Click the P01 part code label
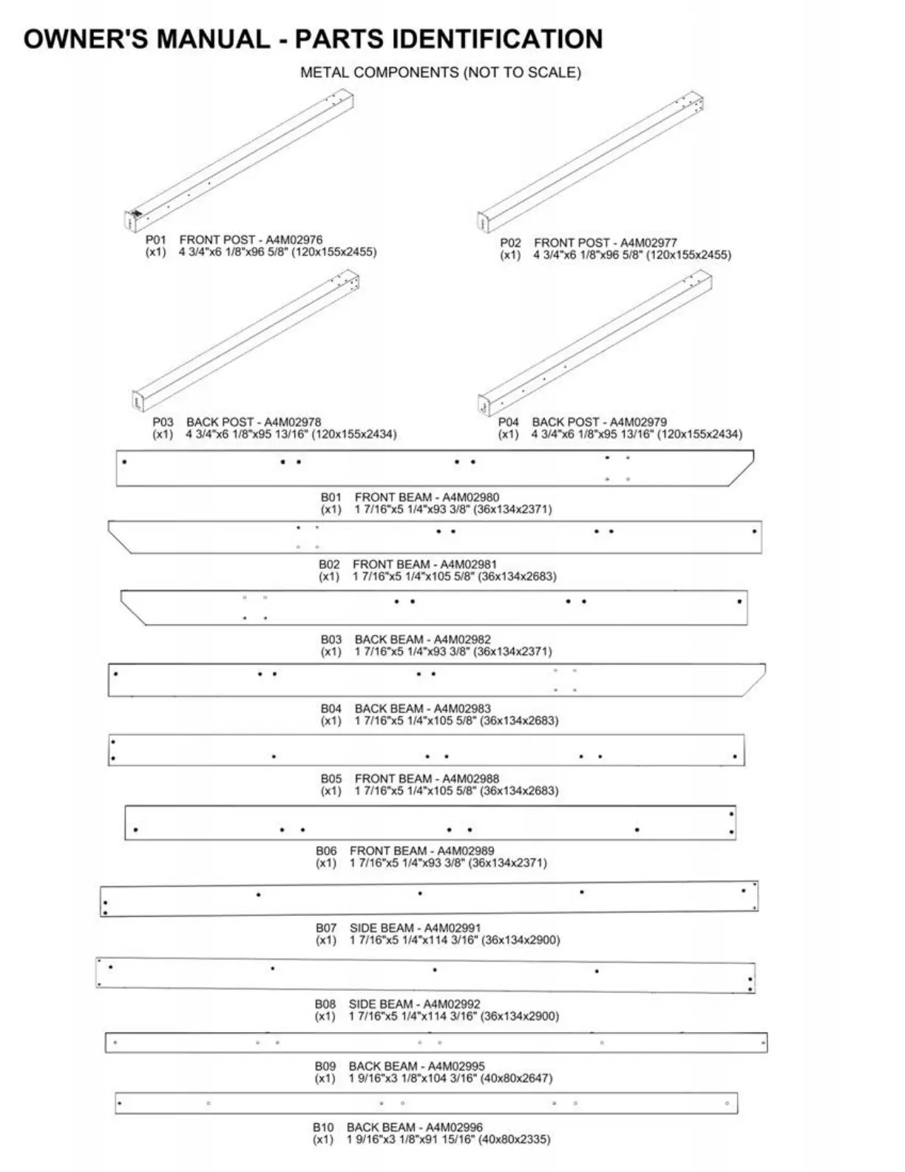point(156,240)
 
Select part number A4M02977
point(648,243)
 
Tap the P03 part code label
point(163,422)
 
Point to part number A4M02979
point(638,422)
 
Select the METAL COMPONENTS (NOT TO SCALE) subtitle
point(441,73)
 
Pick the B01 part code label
point(331,497)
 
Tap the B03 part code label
point(331,639)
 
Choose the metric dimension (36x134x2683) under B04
point(520,721)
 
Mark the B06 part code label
point(326,851)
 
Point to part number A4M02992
point(452,1004)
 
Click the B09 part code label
point(325,1066)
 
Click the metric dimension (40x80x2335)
point(515,1139)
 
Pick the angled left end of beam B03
point(135,608)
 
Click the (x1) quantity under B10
point(323,1139)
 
